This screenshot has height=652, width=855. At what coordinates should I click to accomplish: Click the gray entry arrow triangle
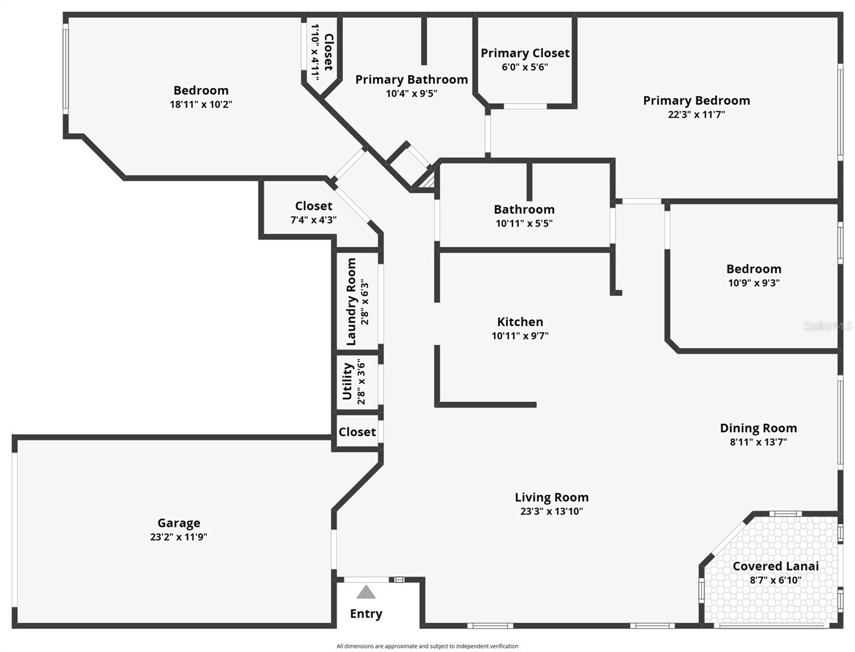pyautogui.click(x=366, y=592)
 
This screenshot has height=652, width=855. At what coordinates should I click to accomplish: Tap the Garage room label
pyautogui.click(x=179, y=523)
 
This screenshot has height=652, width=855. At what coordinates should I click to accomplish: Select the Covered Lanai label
pyautogui.click(x=775, y=566)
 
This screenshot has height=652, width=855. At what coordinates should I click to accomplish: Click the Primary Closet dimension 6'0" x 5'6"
pyautogui.click(x=524, y=67)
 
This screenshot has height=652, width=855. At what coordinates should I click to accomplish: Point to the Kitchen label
pyautogui.click(x=520, y=322)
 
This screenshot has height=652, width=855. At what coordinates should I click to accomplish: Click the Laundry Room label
pyautogui.click(x=351, y=302)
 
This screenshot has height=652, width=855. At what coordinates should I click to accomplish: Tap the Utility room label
pyautogui.click(x=348, y=381)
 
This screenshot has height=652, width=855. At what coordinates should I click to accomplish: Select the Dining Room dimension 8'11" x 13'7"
pyautogui.click(x=758, y=442)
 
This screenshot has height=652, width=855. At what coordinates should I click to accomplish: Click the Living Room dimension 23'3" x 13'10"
pyautogui.click(x=551, y=511)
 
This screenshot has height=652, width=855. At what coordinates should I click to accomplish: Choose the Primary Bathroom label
pyautogui.click(x=411, y=79)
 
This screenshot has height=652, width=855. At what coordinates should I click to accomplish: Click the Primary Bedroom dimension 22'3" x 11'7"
pyautogui.click(x=696, y=114)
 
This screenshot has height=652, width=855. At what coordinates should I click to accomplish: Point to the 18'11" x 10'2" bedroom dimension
pyautogui.click(x=201, y=104)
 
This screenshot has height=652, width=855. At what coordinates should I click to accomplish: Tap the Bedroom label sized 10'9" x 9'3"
pyautogui.click(x=753, y=269)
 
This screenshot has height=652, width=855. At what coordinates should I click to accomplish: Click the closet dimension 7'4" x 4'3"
pyautogui.click(x=313, y=220)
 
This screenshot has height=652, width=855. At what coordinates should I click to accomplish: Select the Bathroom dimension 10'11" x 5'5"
pyautogui.click(x=524, y=223)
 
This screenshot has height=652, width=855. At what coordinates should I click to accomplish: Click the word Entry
pyautogui.click(x=366, y=613)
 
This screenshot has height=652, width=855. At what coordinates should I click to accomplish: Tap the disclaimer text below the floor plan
pyautogui.click(x=427, y=646)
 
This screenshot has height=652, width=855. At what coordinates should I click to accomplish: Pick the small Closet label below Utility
pyautogui.click(x=357, y=432)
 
